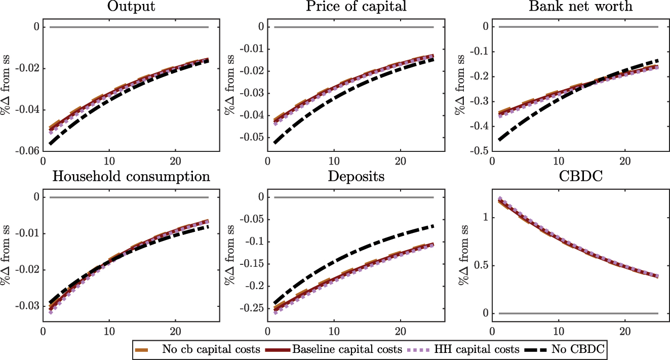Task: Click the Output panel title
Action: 131,7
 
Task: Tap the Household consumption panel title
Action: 131,177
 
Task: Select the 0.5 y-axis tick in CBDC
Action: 478,265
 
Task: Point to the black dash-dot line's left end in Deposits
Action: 274,303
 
